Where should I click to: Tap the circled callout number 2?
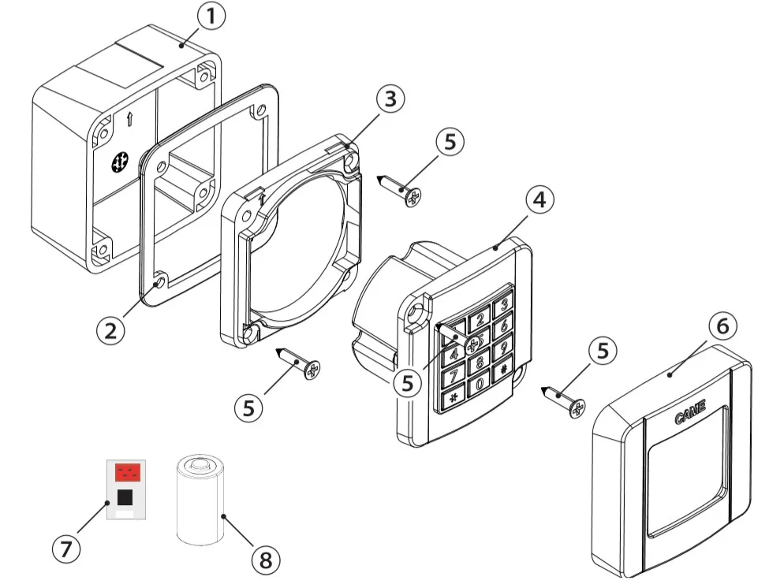110,328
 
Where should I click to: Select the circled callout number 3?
390,99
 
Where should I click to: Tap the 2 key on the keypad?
479,319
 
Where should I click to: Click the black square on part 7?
125,497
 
